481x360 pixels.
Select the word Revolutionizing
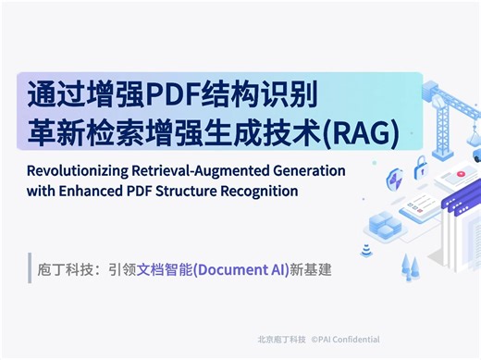point(80,172)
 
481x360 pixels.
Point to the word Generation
point(308,172)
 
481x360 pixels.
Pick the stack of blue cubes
point(383,223)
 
